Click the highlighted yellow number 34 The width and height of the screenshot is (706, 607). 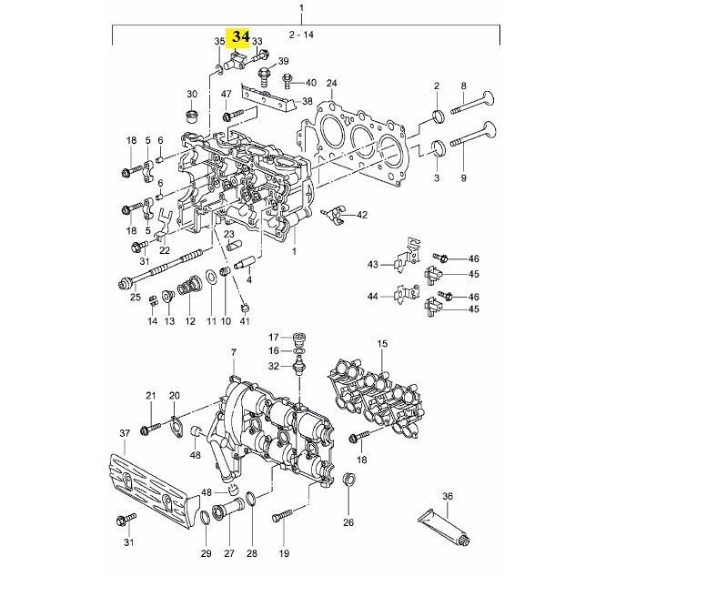tap(240, 37)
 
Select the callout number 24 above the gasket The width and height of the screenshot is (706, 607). tap(331, 82)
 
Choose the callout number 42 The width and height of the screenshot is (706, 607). tap(362, 215)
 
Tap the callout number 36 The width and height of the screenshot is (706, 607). tap(447, 496)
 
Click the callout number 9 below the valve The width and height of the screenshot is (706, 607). tap(463, 177)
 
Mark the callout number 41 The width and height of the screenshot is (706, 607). tap(245, 321)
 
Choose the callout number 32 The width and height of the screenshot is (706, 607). tap(273, 366)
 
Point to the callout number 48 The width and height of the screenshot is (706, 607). tap(195, 455)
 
